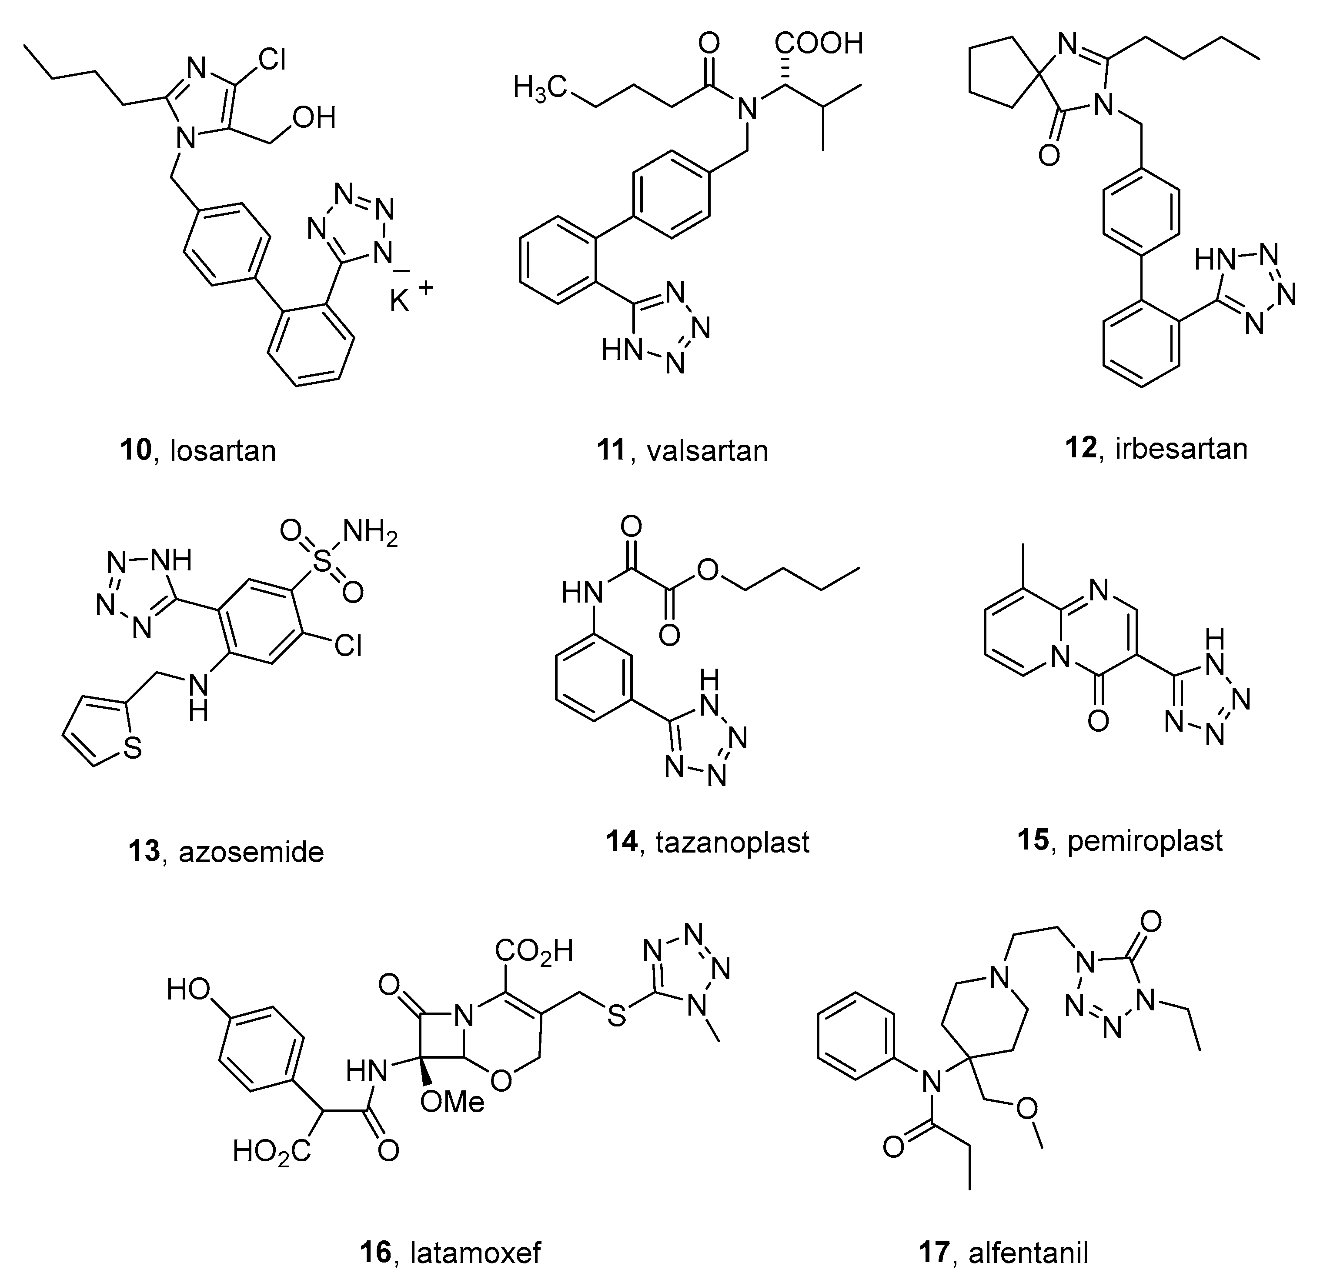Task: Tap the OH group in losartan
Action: [314, 118]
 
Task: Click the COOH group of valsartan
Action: [819, 45]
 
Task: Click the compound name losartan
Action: [223, 450]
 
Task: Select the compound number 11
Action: [611, 450]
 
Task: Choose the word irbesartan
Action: [1181, 449]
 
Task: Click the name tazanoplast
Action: [732, 842]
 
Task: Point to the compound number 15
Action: [1033, 840]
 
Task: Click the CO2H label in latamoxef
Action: [534, 951]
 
